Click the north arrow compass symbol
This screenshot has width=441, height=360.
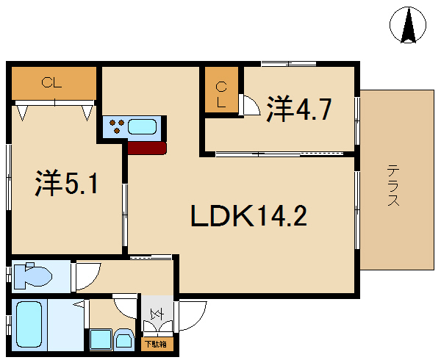[408, 25]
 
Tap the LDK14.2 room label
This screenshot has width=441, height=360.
[249, 216]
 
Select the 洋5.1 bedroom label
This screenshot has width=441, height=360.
[67, 183]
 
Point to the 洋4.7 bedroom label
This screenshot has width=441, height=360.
[298, 109]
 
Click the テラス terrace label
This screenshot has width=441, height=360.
[393, 185]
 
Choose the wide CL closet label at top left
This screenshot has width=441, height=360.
[51, 83]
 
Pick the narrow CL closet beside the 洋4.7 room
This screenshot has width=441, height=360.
[221, 95]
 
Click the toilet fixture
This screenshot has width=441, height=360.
[33, 276]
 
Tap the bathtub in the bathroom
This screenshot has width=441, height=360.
[29, 325]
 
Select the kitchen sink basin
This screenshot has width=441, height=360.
[142, 126]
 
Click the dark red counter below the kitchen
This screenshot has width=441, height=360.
[147, 148]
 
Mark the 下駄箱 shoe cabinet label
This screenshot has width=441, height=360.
[156, 344]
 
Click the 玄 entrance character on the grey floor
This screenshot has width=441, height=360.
[157, 314]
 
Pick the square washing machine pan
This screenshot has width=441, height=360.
[101, 339]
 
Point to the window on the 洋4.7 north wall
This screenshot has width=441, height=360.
[289, 64]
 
